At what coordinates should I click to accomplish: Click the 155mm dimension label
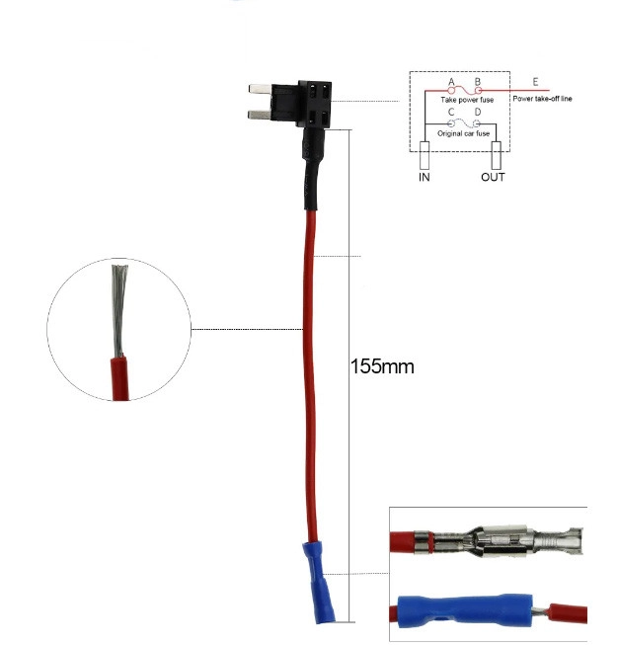tap(382, 365)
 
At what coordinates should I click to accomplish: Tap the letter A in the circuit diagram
tap(451, 81)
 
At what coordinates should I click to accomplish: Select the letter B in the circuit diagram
tap(478, 81)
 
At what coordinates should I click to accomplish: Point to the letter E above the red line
tap(535, 81)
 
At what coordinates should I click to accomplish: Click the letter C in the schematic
tap(451, 112)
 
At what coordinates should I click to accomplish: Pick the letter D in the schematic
tap(478, 112)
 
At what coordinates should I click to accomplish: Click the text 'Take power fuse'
tap(467, 100)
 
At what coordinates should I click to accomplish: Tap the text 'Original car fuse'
tap(463, 133)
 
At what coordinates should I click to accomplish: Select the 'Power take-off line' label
tap(542, 99)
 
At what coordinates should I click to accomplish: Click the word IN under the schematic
tap(424, 177)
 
